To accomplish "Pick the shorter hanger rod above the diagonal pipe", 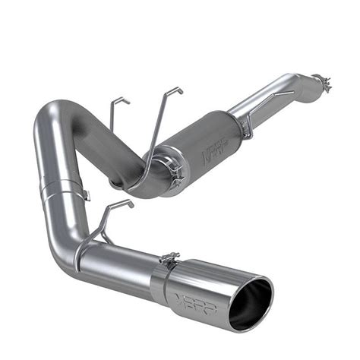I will tap(115, 114).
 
